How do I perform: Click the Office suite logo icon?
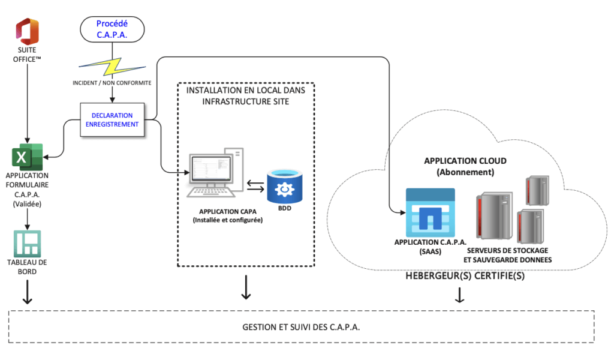(27, 29)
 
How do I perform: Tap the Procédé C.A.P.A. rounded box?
(112, 29)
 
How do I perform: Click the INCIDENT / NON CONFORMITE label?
(112, 83)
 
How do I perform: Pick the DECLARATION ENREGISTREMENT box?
(112, 119)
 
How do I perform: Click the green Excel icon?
(27, 158)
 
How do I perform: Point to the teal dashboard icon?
(26, 244)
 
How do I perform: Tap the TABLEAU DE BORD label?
(26, 267)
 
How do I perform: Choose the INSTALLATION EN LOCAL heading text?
(246, 95)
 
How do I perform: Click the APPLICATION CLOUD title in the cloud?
(465, 161)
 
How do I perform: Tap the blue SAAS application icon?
(430, 212)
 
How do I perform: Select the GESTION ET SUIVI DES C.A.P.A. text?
(302, 327)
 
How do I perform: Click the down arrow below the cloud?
(460, 295)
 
